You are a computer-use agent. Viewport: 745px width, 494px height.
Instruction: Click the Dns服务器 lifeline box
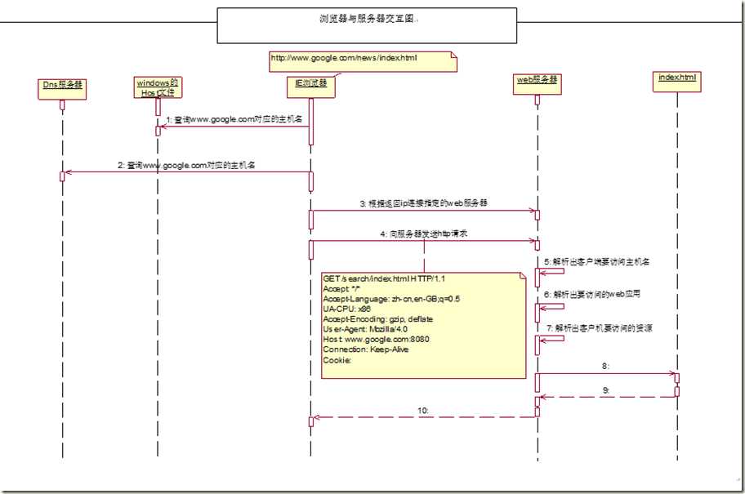point(62,84)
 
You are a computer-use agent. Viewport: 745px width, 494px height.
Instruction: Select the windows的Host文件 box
point(158,87)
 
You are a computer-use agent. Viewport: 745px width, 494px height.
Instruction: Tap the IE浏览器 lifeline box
point(311,84)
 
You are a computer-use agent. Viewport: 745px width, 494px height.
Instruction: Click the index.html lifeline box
point(678,78)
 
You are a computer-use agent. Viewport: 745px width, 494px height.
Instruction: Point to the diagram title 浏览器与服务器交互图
point(367,18)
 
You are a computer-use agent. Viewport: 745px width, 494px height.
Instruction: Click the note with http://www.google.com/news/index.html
point(360,59)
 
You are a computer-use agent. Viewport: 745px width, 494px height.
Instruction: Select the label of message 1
point(234,119)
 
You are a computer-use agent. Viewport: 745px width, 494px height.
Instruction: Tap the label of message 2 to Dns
point(187,165)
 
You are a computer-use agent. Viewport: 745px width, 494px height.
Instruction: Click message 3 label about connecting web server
point(424,202)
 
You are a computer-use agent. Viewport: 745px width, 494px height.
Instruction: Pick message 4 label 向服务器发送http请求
point(424,234)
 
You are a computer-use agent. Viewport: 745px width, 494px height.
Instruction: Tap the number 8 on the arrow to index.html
point(605,367)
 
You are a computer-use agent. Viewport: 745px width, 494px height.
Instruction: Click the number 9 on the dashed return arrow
point(606,390)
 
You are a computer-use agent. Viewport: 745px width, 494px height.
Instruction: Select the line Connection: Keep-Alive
point(366,349)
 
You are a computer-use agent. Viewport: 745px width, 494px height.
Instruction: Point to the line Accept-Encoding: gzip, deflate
point(378,318)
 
